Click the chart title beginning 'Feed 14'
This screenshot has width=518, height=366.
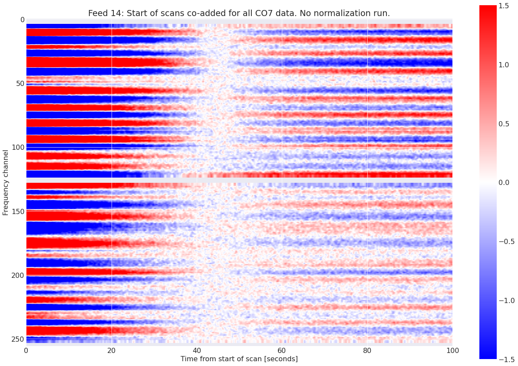(239, 13)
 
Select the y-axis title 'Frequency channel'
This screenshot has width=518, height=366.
(6, 182)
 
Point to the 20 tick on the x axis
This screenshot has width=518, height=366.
(112, 350)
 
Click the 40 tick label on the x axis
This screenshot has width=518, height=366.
(197, 350)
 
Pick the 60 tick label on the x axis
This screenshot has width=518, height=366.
(282, 350)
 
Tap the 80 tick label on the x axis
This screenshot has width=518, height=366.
(367, 350)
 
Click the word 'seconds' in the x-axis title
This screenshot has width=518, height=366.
(281, 359)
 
